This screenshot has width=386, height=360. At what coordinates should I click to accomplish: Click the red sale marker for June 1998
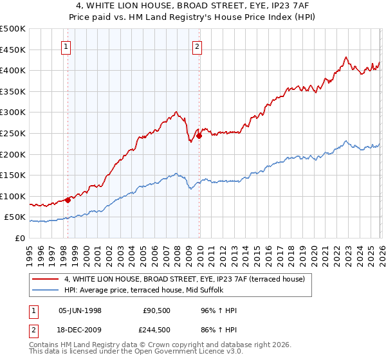pos(68,200)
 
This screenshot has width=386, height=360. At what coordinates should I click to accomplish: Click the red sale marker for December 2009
pos(199,136)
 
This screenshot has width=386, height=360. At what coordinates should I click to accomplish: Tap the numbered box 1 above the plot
pos(68,46)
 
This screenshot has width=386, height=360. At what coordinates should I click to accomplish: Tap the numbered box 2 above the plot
pos(197,46)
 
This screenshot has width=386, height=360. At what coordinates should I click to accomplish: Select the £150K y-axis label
pos(13,175)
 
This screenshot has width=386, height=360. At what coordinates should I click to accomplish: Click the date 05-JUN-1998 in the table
pos(80,310)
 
